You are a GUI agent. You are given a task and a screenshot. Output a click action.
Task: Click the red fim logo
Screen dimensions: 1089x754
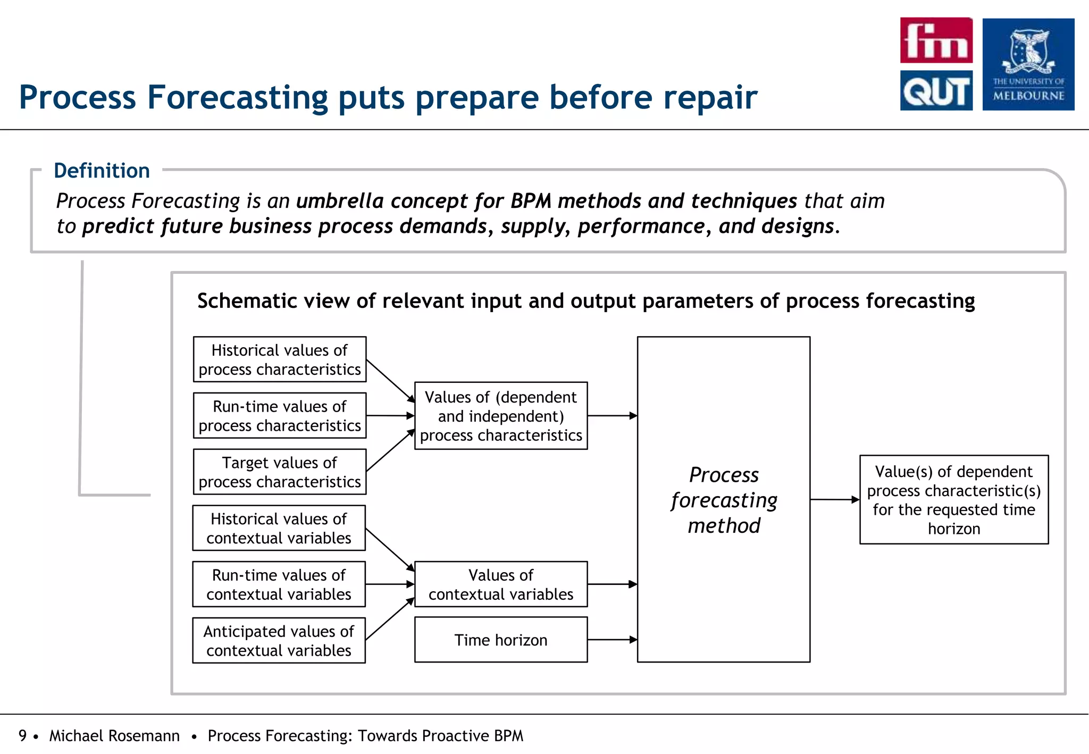(x=936, y=40)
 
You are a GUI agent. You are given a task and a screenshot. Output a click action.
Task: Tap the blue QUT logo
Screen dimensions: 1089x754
(x=936, y=90)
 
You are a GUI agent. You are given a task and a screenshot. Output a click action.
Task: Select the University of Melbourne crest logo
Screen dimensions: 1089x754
(x=1028, y=64)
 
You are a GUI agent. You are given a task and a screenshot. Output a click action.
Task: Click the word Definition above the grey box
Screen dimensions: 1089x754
(x=102, y=171)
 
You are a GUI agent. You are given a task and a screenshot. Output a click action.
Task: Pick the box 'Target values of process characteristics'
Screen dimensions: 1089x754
(x=280, y=472)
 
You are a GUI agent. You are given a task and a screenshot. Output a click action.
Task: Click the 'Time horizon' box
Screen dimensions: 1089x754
(x=501, y=640)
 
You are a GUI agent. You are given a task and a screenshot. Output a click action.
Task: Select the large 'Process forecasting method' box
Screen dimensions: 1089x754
(x=724, y=499)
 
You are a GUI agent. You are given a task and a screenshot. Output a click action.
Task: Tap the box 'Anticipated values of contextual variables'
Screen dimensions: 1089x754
(x=279, y=640)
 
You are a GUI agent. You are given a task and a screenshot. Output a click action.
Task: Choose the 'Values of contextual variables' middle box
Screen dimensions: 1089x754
(x=501, y=584)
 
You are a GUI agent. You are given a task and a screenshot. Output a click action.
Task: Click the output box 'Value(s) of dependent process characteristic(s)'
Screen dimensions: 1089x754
(x=954, y=499)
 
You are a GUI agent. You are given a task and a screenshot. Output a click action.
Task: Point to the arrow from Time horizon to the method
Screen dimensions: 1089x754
(x=612, y=640)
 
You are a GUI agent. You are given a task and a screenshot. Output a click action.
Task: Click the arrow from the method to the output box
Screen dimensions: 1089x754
(x=834, y=499)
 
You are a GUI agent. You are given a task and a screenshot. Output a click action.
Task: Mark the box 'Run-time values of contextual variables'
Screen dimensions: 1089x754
(x=279, y=584)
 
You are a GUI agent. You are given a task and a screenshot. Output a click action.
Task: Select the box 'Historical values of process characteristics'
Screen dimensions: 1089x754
(x=280, y=359)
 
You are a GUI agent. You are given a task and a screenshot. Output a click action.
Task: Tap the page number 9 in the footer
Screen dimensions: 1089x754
(x=22, y=735)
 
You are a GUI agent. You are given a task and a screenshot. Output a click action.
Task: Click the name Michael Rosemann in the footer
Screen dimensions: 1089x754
(x=114, y=735)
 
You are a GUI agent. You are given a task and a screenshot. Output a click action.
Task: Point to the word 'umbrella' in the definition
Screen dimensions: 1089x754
(x=340, y=201)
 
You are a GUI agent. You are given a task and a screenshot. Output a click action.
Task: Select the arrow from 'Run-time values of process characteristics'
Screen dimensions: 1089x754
(x=390, y=416)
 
